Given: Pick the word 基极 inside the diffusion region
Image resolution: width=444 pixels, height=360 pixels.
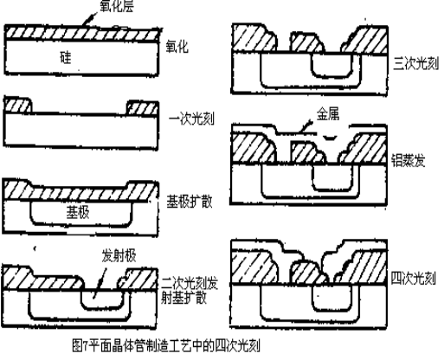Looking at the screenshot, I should click(x=78, y=212).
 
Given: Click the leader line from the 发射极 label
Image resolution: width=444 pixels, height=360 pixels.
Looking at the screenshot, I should click(x=103, y=277).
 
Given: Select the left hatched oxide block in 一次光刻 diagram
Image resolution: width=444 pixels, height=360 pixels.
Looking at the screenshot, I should click(x=19, y=106).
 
